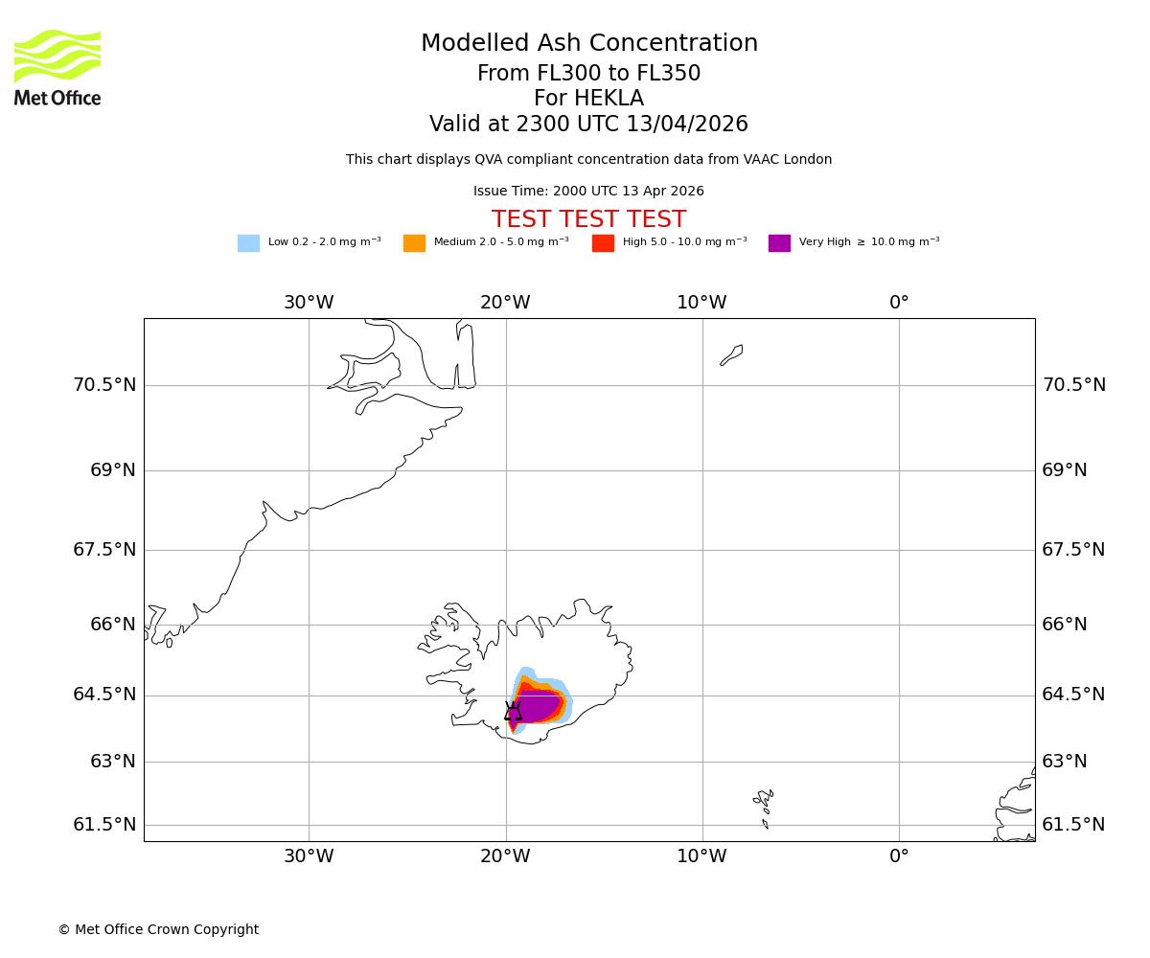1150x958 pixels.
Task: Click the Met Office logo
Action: point(57,67)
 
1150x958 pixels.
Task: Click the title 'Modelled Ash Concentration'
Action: point(589,44)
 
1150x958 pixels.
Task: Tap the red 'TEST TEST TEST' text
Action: point(588,220)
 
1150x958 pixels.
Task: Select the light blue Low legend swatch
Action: point(248,243)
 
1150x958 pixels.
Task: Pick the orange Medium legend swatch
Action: point(414,243)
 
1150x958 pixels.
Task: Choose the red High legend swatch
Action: point(603,243)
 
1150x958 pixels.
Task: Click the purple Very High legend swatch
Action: point(779,243)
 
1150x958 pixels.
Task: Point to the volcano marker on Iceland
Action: point(513,712)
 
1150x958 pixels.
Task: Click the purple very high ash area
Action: point(539,707)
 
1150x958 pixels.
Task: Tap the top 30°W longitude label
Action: point(309,303)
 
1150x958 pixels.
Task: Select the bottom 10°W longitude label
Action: point(701,856)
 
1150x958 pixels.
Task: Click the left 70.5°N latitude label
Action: point(104,385)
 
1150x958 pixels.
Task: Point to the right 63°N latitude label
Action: point(1064,762)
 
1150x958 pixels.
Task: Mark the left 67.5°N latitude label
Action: point(104,550)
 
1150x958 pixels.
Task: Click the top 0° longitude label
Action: point(898,303)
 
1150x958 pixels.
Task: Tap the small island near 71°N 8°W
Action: point(732,354)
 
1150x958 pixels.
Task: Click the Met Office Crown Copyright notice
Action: point(158,930)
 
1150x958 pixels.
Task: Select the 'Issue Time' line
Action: point(588,192)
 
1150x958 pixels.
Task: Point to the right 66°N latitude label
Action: point(1064,625)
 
